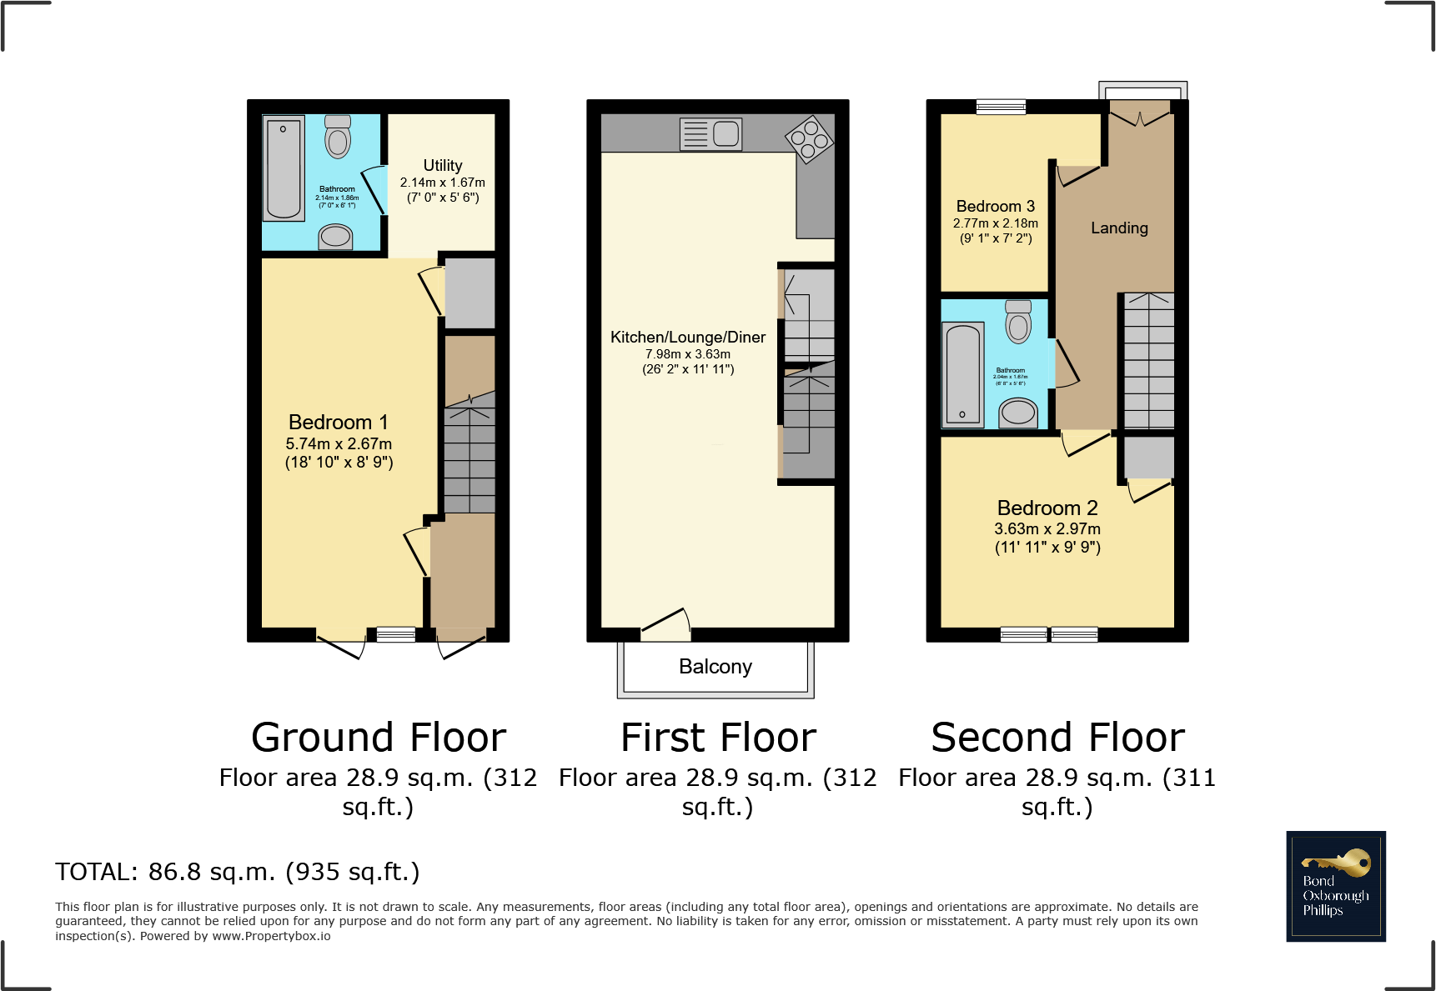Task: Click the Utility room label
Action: coord(442,166)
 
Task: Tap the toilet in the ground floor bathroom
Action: coord(338,138)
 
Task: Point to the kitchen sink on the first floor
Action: coord(711,133)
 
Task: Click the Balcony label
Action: coord(715,667)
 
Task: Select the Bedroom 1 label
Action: coord(338,423)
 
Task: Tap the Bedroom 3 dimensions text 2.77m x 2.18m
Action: coord(995,223)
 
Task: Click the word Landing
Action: coord(1119,228)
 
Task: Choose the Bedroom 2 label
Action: coord(1047,508)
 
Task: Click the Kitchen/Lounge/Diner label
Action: coord(687,338)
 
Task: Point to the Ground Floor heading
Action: coord(379,738)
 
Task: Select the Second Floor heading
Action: coord(1057,738)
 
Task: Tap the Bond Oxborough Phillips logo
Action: coord(1335,887)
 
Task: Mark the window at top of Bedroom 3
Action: coord(1001,107)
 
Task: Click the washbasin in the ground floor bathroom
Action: coord(336,237)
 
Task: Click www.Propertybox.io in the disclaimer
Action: coord(271,936)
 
